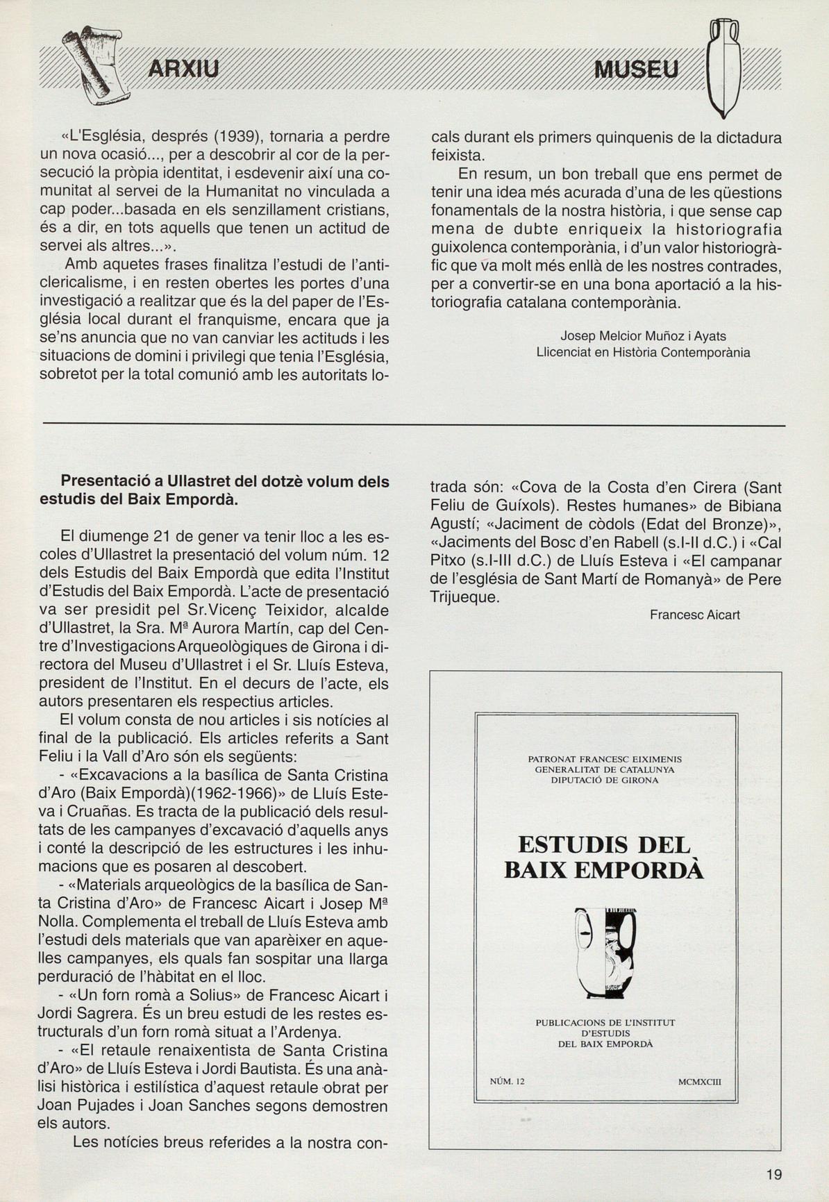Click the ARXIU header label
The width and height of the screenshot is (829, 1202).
(183, 69)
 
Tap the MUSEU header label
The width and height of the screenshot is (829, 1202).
(636, 69)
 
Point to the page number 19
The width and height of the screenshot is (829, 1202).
(774, 1175)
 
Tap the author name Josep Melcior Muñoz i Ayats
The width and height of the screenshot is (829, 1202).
(644, 336)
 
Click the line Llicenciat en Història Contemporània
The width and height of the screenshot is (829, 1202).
(643, 353)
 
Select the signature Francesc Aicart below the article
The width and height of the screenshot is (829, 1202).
(695, 615)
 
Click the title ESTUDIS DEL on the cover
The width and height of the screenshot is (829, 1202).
(604, 845)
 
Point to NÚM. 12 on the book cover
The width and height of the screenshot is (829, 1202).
(508, 1081)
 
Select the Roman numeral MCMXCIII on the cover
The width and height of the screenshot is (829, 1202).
(700, 1081)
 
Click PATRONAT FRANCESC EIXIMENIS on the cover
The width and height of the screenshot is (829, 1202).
(605, 759)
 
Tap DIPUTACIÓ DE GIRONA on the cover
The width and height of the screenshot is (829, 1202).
(605, 780)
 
